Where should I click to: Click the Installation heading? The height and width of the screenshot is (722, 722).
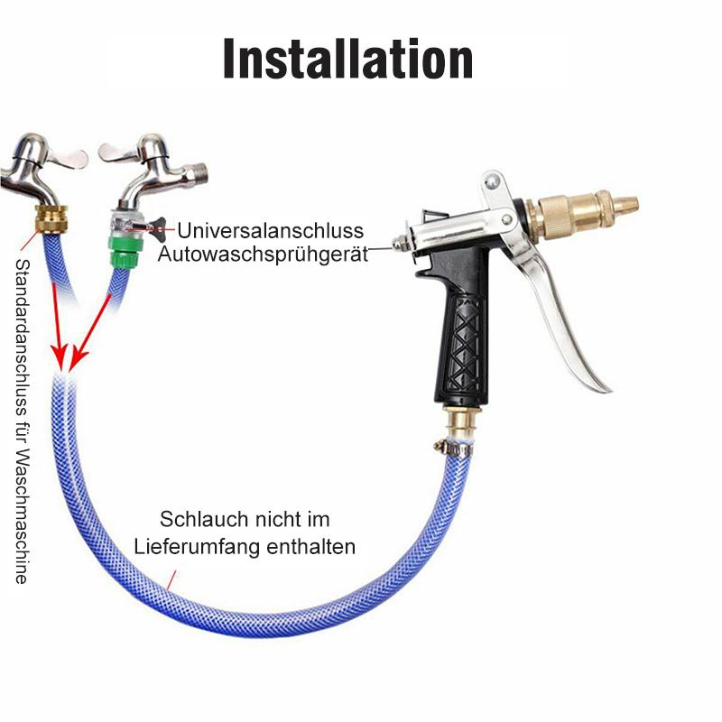point(348,60)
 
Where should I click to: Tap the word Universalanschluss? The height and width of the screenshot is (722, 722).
point(270,230)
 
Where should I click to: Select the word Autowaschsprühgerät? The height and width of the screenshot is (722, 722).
point(263,254)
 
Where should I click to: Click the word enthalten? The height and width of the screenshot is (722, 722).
point(310,547)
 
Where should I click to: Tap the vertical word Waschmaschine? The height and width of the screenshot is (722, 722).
point(22,516)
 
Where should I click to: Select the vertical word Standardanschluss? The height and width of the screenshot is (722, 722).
point(22,340)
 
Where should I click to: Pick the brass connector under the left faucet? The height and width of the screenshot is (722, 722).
point(51,218)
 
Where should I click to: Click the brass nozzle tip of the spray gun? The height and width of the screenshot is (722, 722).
point(626,203)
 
